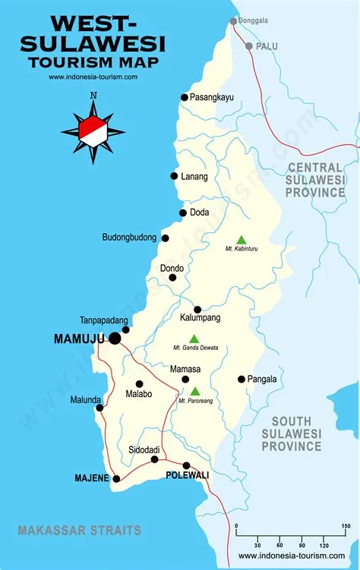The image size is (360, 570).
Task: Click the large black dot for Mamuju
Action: point(115,338)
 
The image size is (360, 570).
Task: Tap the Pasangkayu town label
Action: point(213,96)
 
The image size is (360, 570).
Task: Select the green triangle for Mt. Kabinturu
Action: point(242,239)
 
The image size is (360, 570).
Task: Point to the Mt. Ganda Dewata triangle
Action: point(194,339)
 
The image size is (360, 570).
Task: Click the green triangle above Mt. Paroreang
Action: point(195,391)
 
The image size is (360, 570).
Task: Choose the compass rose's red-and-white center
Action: point(93,130)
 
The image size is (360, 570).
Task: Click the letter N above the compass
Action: point(93,96)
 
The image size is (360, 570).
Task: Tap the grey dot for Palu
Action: point(248,46)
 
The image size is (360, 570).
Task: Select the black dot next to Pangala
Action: point(242,379)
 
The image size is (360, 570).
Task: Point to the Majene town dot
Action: point(116,478)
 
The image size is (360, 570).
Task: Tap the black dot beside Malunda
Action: point(99,408)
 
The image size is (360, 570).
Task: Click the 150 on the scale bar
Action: point(346,527)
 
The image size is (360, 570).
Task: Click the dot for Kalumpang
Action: point(197,309)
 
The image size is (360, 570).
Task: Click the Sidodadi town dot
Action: point(155,459)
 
